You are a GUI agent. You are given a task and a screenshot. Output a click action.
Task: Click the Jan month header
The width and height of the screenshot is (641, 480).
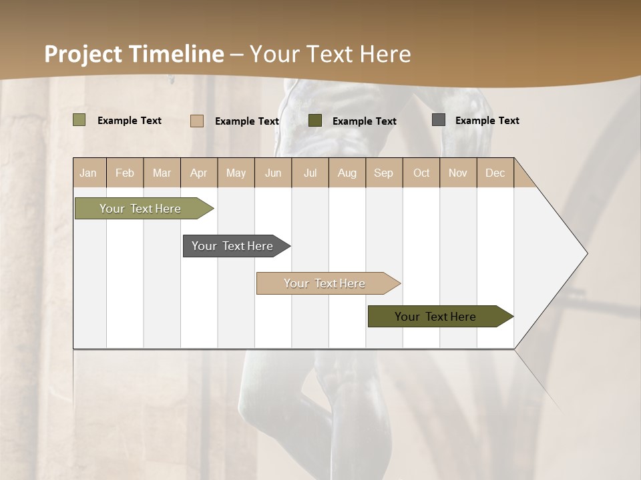click(89, 173)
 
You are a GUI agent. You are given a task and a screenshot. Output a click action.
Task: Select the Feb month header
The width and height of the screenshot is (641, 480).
click(125, 173)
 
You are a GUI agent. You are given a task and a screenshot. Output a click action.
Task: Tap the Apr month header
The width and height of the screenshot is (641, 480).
click(199, 173)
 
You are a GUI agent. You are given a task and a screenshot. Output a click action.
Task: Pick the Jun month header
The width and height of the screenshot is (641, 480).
click(273, 173)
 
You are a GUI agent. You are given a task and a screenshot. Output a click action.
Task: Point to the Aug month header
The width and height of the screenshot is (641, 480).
click(347, 173)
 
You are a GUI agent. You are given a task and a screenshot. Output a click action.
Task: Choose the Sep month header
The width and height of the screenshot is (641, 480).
click(384, 173)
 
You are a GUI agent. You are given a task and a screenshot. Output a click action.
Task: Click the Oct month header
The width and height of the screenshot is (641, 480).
click(421, 173)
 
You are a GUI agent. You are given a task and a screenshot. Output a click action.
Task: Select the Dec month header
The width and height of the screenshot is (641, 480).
click(495, 173)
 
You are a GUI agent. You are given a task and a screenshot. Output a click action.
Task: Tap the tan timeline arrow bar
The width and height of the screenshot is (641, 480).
click(325, 283)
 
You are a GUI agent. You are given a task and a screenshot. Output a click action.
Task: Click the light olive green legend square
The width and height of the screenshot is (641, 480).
click(79, 120)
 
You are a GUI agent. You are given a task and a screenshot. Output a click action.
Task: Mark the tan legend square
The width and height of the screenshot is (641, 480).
click(197, 121)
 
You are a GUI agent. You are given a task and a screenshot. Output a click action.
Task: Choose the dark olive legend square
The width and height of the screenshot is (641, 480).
click(315, 121)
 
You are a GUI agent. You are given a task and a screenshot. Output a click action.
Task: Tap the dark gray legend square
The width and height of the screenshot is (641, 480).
click(439, 120)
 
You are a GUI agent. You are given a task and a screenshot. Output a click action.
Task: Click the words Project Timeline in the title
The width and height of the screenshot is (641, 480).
click(134, 54)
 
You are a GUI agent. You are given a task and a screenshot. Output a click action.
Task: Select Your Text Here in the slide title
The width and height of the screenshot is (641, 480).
click(331, 54)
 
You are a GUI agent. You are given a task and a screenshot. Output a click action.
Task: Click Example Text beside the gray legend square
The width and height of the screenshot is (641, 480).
click(487, 121)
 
